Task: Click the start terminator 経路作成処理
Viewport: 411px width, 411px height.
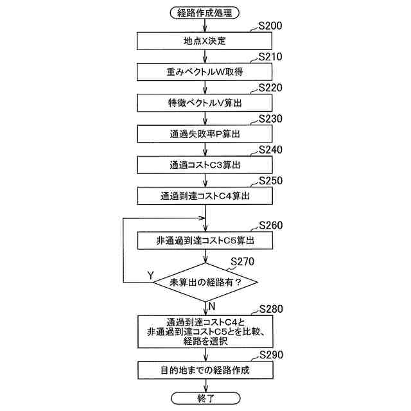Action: (205, 12)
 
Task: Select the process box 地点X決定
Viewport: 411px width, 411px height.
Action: (205, 41)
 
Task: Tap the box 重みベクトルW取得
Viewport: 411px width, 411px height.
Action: (205, 71)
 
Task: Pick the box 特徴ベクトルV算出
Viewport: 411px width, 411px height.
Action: (205, 102)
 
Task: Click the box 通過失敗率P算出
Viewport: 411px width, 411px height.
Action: (205, 133)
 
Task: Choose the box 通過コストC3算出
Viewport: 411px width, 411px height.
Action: (205, 164)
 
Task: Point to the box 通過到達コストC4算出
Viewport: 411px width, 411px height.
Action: (205, 195)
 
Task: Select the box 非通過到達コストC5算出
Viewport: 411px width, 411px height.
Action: (205, 240)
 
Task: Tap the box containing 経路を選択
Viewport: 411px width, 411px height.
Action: (205, 331)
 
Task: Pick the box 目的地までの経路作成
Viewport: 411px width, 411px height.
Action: (205, 371)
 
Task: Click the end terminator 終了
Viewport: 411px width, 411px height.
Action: (205, 399)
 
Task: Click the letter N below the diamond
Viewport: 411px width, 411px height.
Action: (212, 306)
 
